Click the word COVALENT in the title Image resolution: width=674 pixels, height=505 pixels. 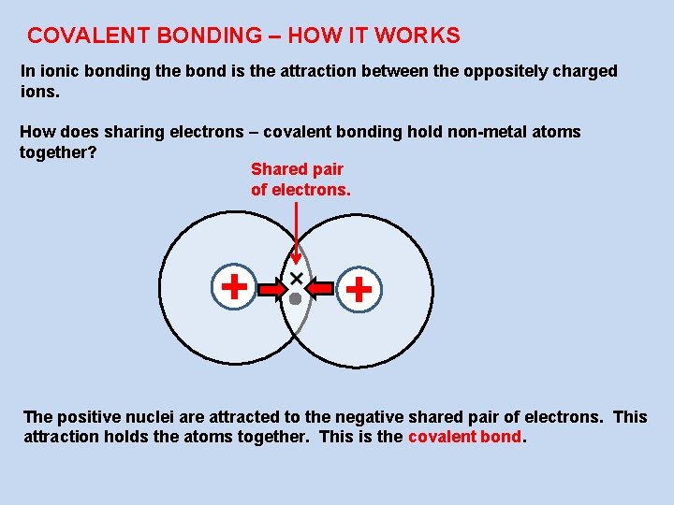pyautogui.click(x=76, y=36)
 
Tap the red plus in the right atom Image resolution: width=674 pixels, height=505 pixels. pyautogui.click(x=359, y=290)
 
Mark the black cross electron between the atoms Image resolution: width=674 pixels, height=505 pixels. pyautogui.click(x=297, y=279)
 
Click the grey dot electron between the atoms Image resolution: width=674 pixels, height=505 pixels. pyautogui.click(x=295, y=299)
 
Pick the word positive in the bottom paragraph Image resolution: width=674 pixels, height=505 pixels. pyautogui.click(x=89, y=417)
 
